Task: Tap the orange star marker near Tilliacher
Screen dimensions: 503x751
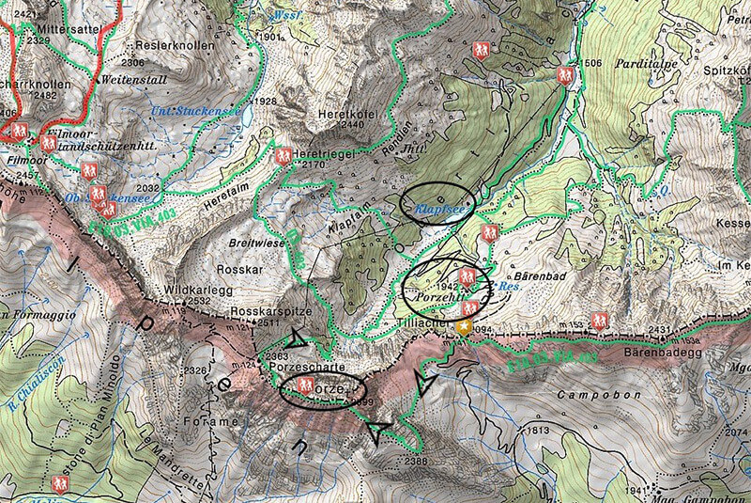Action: click(x=466, y=326)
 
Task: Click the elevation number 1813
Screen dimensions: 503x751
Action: click(x=536, y=431)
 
